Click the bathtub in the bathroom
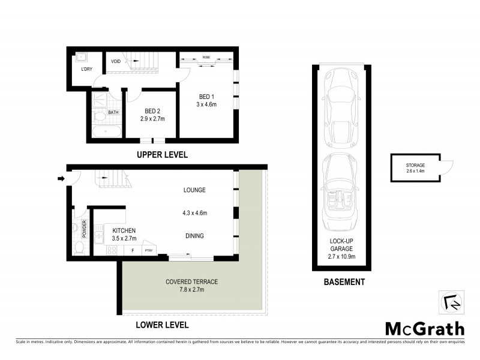(106, 132)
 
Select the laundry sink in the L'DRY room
(82, 59)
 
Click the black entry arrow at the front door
(61, 178)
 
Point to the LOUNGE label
(194, 190)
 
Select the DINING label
(194, 236)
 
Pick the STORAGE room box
(414, 168)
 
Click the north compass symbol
(451, 302)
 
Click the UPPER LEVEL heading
(163, 154)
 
